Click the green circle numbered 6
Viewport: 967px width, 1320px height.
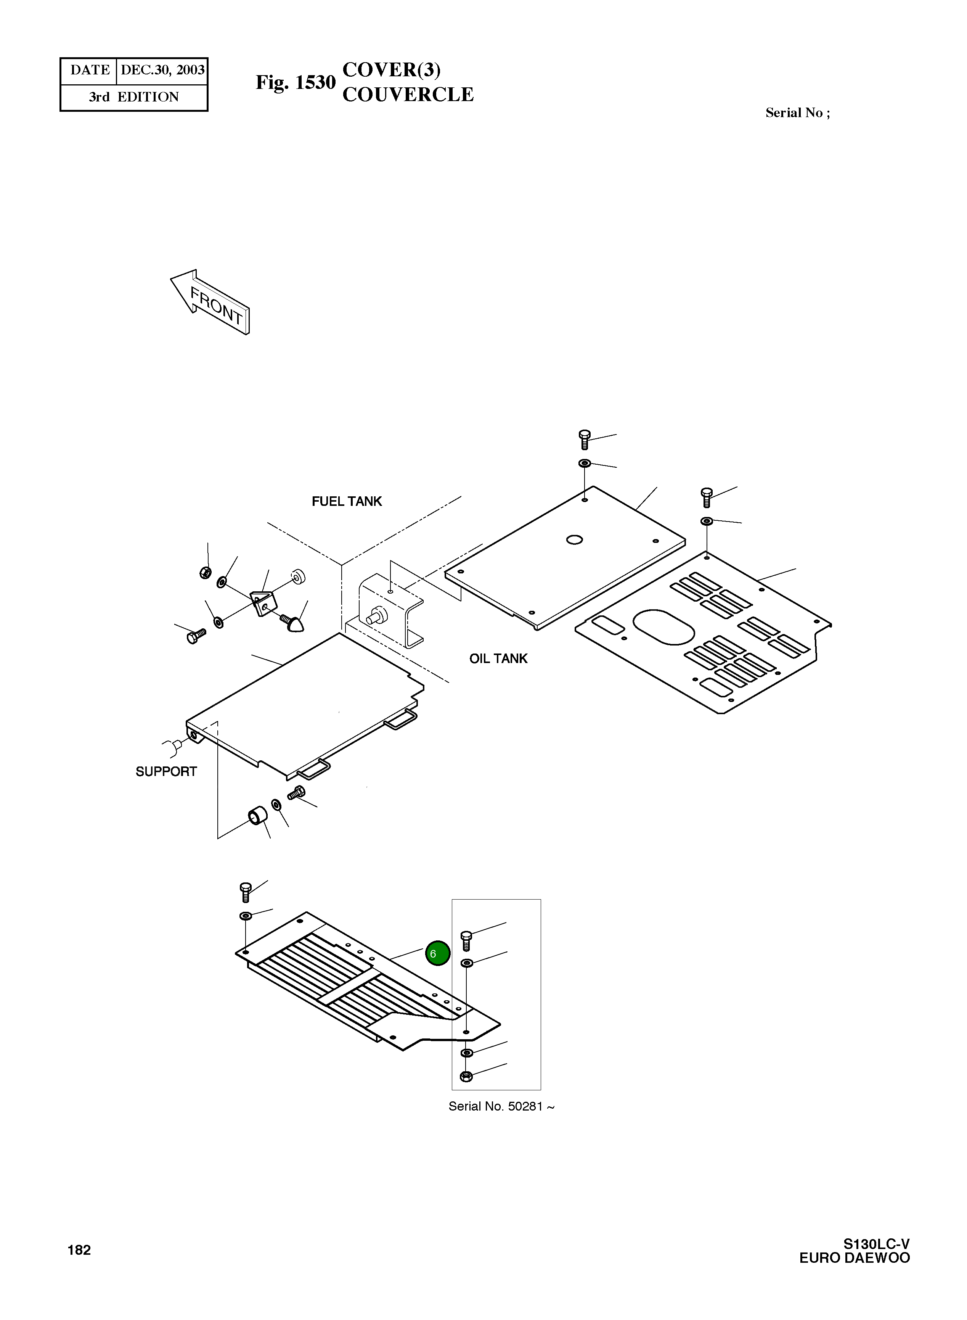tap(437, 953)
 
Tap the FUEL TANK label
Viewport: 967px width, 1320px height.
tap(347, 501)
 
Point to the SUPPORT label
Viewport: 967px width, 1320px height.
tap(166, 772)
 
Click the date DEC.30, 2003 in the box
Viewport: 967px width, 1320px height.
tap(162, 70)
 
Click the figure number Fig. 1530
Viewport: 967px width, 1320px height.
tap(296, 82)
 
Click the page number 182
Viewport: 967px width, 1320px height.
tap(79, 1250)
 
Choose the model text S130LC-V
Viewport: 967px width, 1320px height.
tap(876, 1244)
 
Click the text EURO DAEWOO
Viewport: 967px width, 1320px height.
tap(855, 1258)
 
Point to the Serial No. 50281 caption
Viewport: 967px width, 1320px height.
tap(501, 1106)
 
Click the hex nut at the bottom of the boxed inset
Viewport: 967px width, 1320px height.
tap(466, 1076)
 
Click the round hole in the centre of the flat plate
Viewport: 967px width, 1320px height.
tap(574, 539)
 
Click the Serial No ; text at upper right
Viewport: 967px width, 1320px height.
tap(797, 113)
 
